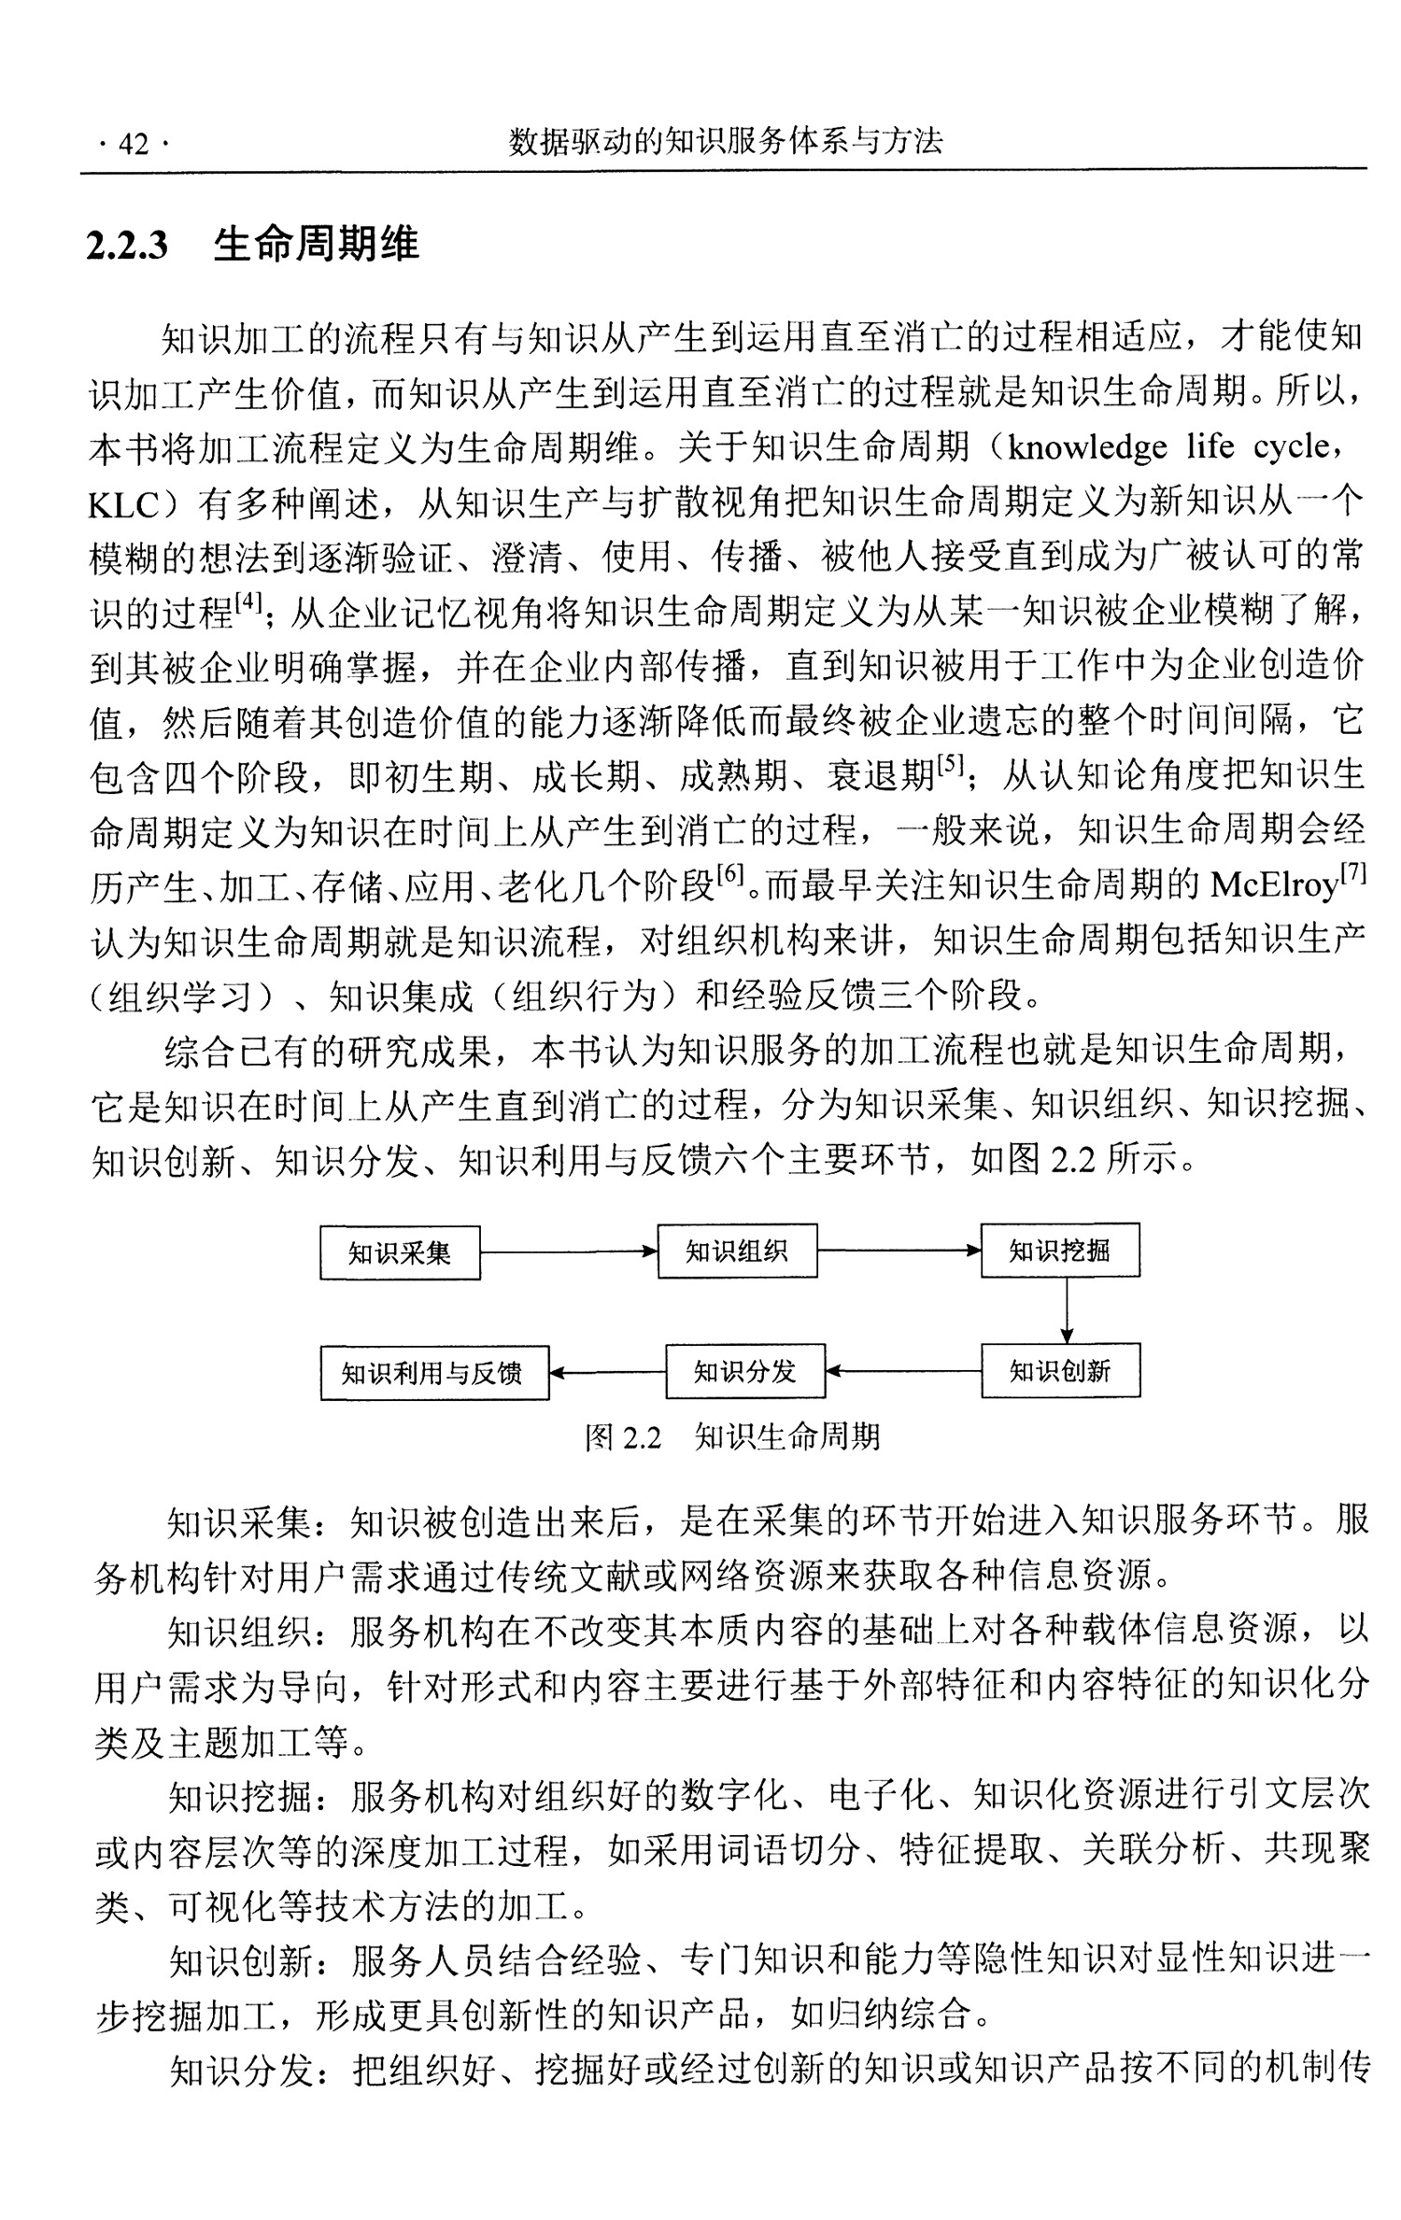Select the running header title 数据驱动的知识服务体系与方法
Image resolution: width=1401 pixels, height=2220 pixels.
[725, 141]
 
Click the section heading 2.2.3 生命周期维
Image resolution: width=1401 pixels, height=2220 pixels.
[253, 245]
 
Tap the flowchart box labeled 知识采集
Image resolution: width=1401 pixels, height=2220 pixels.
[400, 1252]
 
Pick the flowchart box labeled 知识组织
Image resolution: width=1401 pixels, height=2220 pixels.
[737, 1251]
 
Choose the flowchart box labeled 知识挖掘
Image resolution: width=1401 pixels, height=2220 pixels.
[1060, 1251]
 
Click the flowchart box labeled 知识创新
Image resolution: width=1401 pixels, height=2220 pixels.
[1060, 1371]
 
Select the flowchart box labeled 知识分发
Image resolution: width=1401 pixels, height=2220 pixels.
[744, 1371]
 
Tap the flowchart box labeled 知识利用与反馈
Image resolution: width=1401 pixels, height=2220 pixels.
[434, 1373]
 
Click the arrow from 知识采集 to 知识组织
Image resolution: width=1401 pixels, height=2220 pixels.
[569, 1252]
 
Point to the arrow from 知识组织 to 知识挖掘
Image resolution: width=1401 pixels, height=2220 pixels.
[899, 1251]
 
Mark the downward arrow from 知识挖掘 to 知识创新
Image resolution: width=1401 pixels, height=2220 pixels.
[1067, 1310]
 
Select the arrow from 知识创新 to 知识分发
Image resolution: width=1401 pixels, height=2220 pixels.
[903, 1371]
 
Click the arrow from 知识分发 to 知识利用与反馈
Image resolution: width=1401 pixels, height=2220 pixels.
[607, 1373]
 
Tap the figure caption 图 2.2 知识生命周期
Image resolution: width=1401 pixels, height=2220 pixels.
[732, 1436]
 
